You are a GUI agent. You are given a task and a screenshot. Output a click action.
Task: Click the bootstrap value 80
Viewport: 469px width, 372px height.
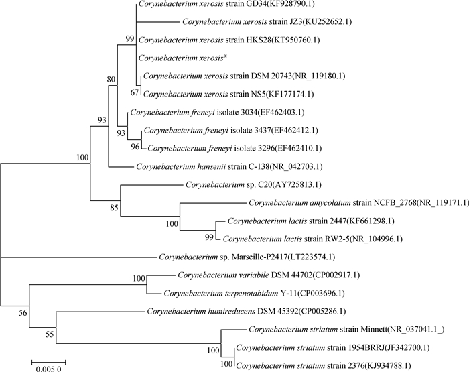click(111, 80)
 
